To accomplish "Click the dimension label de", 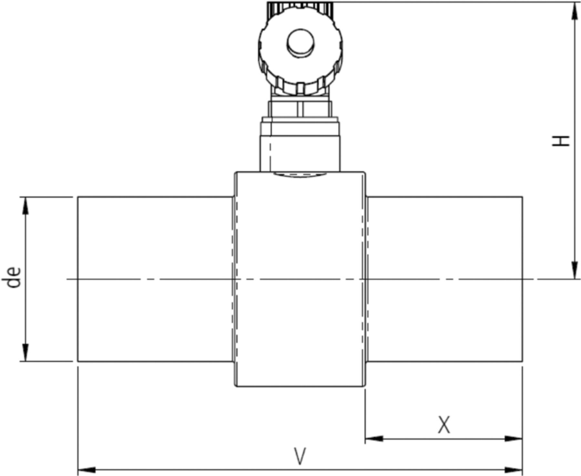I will [15, 277].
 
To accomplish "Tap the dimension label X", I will [443, 425].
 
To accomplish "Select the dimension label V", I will [300, 456].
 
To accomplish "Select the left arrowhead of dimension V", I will [86, 469].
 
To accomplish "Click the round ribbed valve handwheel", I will [300, 61].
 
